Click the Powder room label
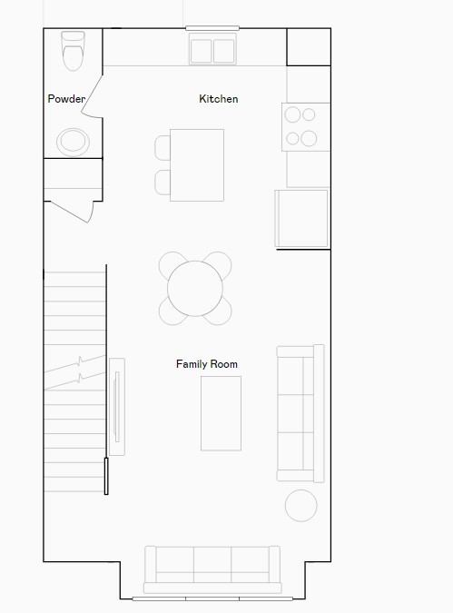[x=66, y=98]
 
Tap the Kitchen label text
[x=219, y=98]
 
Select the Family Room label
[x=207, y=364]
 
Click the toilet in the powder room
[x=74, y=51]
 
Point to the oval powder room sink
[x=74, y=142]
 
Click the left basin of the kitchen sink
[x=202, y=51]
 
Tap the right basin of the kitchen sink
[x=224, y=51]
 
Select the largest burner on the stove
[x=309, y=138]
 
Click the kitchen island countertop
[x=197, y=165]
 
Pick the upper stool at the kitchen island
[x=162, y=148]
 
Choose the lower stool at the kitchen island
[x=162, y=183]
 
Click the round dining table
[x=195, y=289]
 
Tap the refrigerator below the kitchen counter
[x=301, y=219]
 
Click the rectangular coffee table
[x=221, y=413]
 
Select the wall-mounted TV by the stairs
[x=116, y=407]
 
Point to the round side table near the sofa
[x=301, y=506]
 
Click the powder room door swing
[x=93, y=96]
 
